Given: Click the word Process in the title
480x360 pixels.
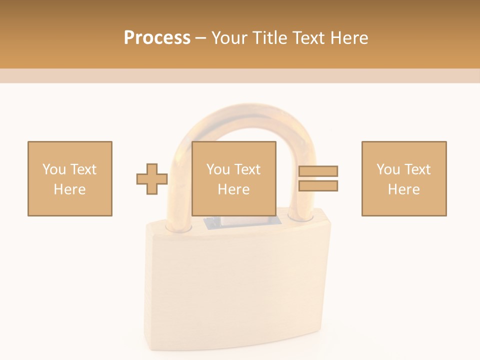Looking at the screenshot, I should [x=157, y=38].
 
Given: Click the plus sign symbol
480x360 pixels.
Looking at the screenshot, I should [x=152, y=179].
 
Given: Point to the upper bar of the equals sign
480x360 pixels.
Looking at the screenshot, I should [x=318, y=171].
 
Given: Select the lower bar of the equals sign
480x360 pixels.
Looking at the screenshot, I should [x=318, y=186].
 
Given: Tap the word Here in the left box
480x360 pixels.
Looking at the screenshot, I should [x=69, y=189].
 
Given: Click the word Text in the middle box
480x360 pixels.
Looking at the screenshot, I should [x=247, y=169].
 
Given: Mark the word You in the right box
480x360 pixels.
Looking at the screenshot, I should [x=388, y=169].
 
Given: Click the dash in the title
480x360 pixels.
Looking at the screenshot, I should [x=201, y=38].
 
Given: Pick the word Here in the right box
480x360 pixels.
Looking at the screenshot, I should [x=403, y=189].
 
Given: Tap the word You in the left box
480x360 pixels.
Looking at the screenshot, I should [x=54, y=169].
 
